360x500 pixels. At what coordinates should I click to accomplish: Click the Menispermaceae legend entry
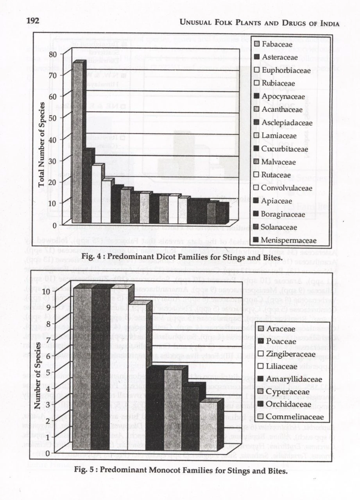[288, 240]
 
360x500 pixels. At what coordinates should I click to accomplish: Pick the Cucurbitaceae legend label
[285, 149]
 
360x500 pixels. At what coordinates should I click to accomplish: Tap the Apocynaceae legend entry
[283, 96]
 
